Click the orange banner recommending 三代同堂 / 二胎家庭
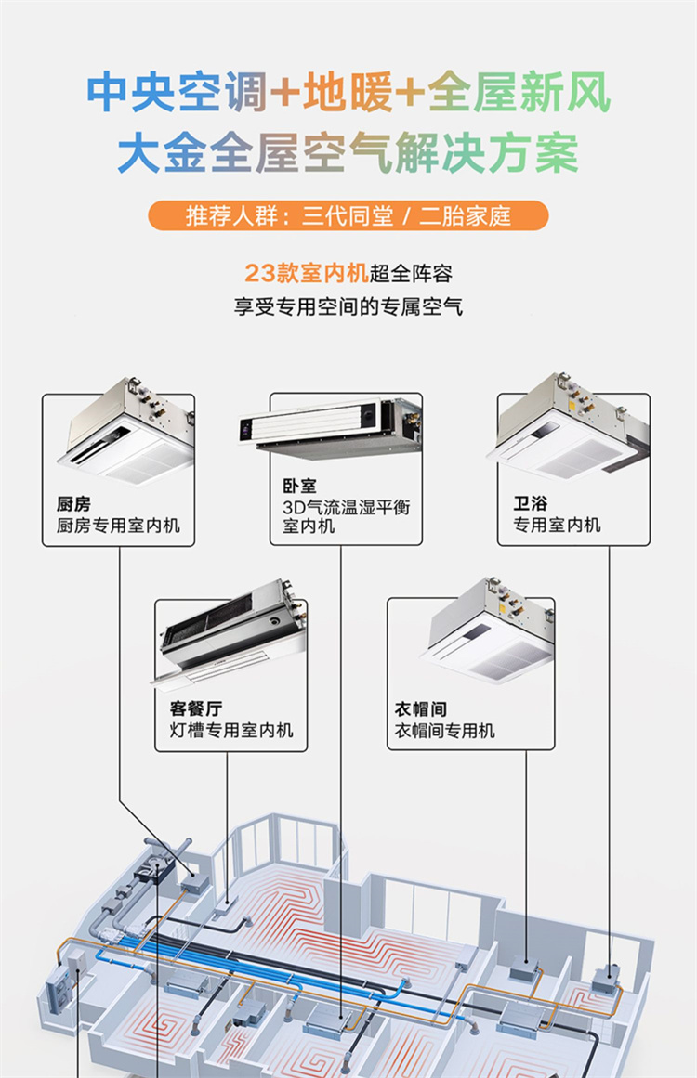[x=348, y=215]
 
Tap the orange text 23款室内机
[x=306, y=273]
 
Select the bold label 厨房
[x=73, y=504]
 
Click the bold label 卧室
[x=299, y=486]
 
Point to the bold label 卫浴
[x=531, y=503]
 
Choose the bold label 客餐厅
[x=196, y=708]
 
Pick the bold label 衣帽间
[x=420, y=708]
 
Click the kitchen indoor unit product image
[x=126, y=431]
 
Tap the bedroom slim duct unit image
[x=331, y=428]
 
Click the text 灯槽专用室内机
[x=231, y=730]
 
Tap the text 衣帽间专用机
[x=444, y=730]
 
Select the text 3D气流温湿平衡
[x=346, y=507]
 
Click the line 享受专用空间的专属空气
[x=348, y=305]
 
